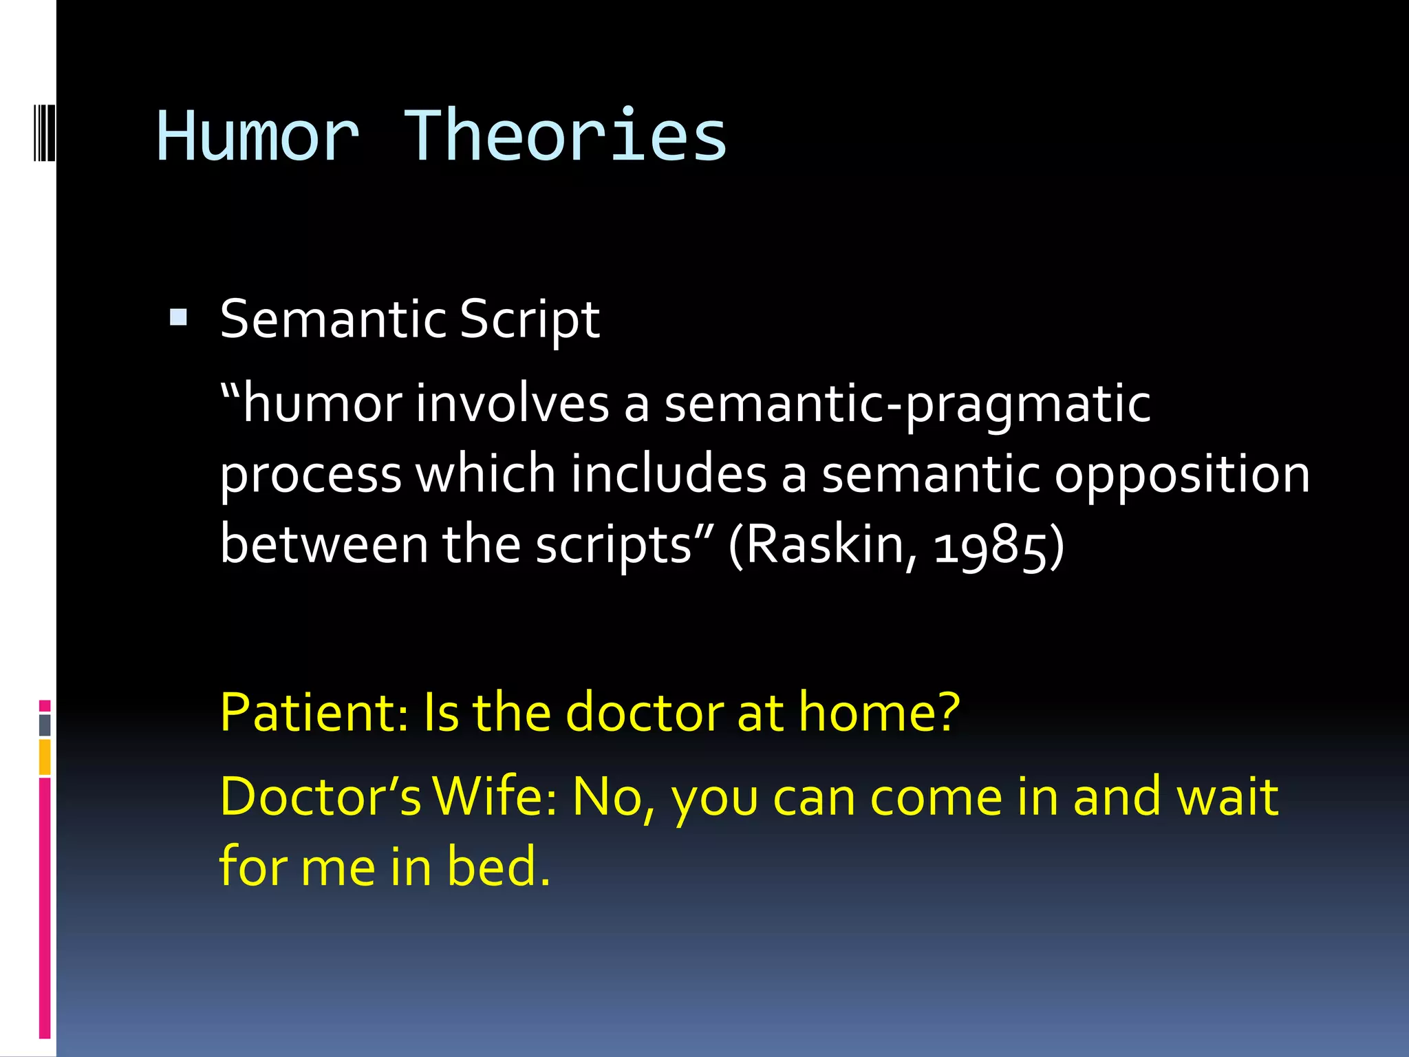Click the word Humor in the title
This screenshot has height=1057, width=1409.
click(x=258, y=136)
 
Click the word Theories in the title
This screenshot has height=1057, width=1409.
click(x=565, y=136)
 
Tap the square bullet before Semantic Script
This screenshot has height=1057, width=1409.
click(x=178, y=317)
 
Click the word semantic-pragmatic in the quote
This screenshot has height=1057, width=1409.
click(x=907, y=405)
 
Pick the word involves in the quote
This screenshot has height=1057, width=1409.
click(x=512, y=403)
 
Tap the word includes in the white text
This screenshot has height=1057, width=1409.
click(x=669, y=474)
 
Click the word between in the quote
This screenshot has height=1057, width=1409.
click(x=324, y=544)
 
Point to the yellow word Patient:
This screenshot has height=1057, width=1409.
click(x=314, y=712)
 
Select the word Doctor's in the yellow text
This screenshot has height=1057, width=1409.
click(x=320, y=797)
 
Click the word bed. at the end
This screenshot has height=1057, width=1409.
click(x=498, y=866)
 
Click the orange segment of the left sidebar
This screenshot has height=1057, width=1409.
click(x=45, y=757)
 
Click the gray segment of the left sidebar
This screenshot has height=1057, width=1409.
click(x=45, y=725)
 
